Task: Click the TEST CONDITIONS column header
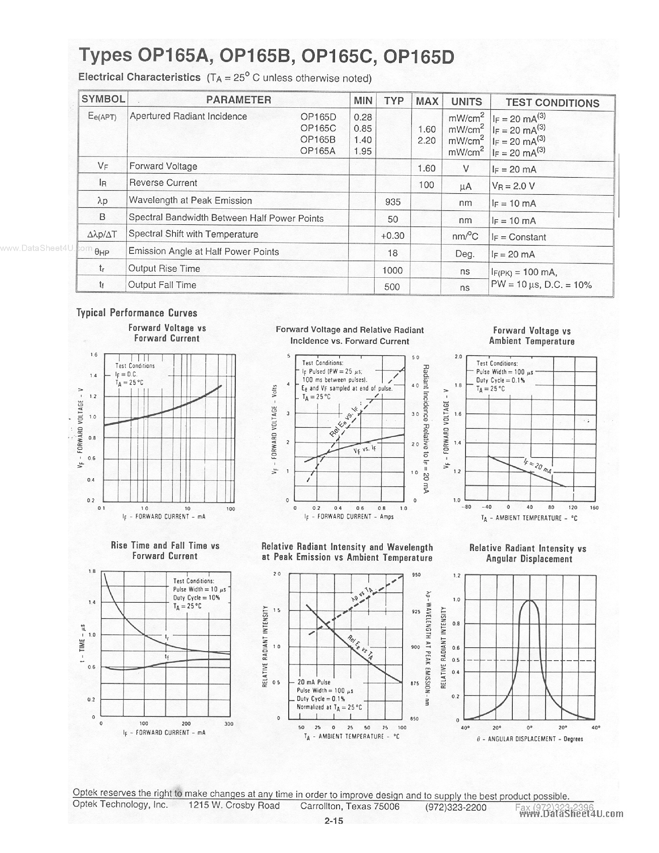point(552,103)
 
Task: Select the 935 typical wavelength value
point(393,202)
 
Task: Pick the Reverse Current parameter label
point(163,183)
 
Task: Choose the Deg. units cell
point(465,254)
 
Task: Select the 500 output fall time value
point(392,287)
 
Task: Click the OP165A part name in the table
point(318,151)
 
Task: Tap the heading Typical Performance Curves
point(137,313)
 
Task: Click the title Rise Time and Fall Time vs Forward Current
point(165,551)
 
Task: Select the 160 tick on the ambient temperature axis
point(594,507)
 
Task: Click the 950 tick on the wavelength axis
point(416,575)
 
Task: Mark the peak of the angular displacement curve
point(530,601)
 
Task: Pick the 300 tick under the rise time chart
point(229,724)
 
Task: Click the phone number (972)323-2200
point(456,807)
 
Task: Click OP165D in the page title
point(419,57)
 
